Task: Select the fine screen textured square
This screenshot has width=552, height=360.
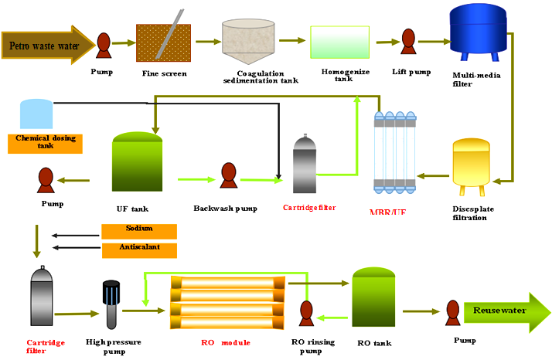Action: pyautogui.click(x=163, y=42)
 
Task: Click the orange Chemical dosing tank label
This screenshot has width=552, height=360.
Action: pyautogui.click(x=44, y=143)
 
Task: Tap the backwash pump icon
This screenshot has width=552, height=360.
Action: pyautogui.click(x=227, y=175)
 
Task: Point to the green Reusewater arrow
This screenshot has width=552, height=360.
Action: pyautogui.click(x=506, y=311)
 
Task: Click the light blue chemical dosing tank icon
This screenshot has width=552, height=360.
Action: pyautogui.click(x=36, y=114)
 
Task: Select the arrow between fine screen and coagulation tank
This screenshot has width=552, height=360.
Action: pyautogui.click(x=206, y=42)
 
